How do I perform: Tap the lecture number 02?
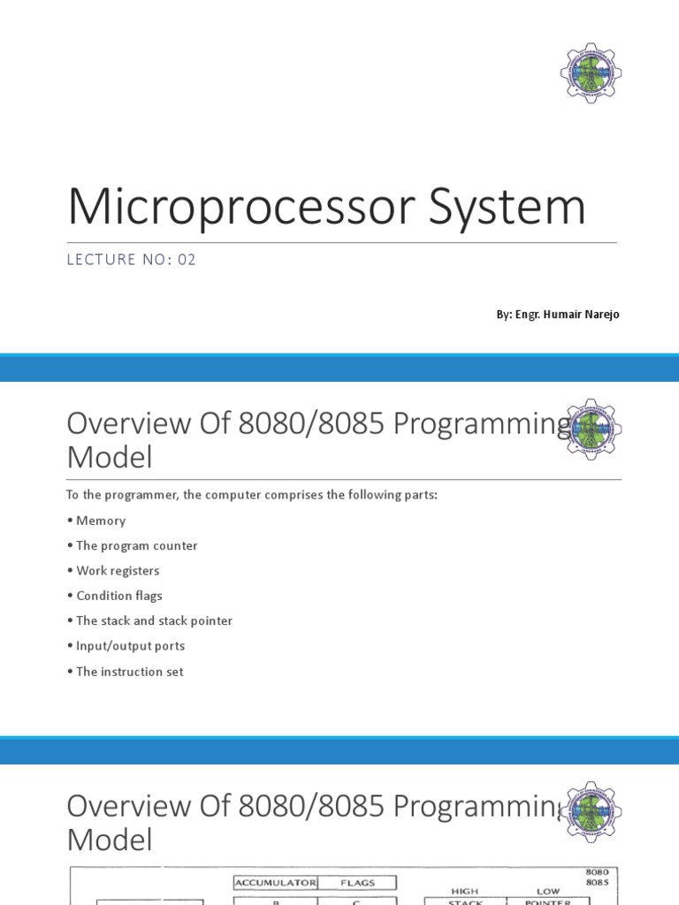187,260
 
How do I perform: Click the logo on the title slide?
591,73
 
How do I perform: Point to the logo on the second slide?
592,430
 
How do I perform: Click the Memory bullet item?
101,521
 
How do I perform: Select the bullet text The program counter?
136,545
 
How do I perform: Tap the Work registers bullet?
118,571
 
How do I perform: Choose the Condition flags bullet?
119,596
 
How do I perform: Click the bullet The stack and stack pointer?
154,620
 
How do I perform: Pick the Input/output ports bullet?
130,646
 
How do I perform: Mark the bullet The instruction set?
129,672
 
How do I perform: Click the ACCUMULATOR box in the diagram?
275,882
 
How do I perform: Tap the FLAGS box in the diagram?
356,882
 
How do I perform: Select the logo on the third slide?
592,812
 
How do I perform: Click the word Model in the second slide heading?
109,458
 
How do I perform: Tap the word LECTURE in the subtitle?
99,260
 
